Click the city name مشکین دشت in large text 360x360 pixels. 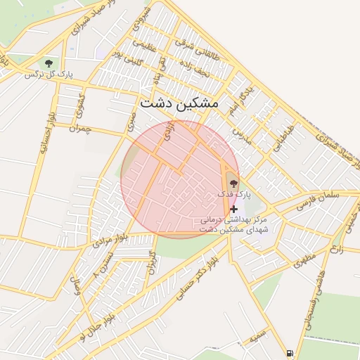(179, 103)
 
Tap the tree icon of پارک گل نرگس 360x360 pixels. (48, 63)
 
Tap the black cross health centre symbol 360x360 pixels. (233, 209)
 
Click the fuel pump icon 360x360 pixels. (290, 352)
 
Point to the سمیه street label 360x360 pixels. (259, 331)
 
